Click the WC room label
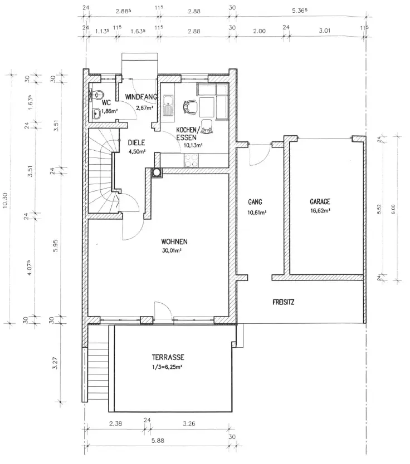106,103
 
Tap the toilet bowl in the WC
97,95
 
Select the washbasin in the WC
96,113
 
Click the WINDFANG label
141,97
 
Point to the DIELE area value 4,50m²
136,152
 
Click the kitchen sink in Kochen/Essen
168,105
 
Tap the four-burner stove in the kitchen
191,160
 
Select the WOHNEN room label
174,242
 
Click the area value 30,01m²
172,251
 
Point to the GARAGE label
320,202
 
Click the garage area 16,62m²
320,211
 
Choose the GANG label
255,202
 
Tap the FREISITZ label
284,303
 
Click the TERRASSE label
168,357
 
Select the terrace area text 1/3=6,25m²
167,367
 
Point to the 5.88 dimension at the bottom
158,441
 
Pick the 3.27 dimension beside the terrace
55,363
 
